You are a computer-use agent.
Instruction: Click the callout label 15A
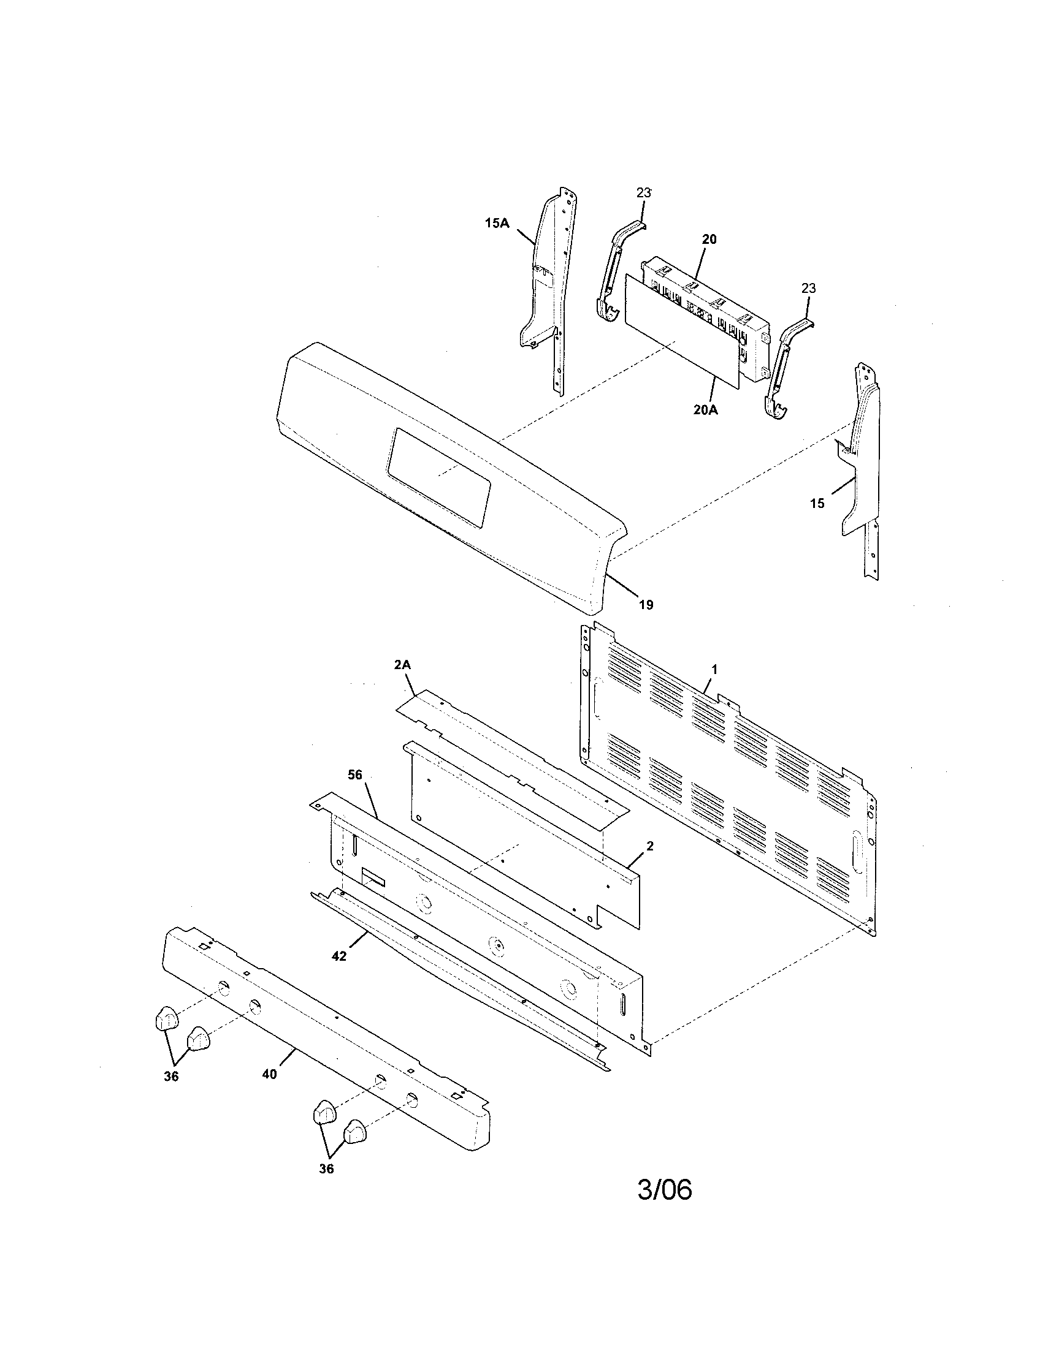[x=497, y=224]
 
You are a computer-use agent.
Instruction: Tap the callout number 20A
[x=705, y=409]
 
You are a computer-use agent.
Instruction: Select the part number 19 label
[x=645, y=605]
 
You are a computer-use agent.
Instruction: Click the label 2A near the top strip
[x=402, y=665]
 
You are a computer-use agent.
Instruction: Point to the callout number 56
[x=354, y=775]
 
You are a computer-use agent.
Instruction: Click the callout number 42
[x=338, y=956]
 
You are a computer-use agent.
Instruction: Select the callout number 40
[x=269, y=1074]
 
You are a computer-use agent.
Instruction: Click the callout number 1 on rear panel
[x=714, y=669]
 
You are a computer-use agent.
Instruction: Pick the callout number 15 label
[x=817, y=504]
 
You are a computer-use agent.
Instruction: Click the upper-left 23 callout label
[x=643, y=192]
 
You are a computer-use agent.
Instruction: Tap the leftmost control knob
[x=165, y=1018]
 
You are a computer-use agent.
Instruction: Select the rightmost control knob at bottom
[x=354, y=1131]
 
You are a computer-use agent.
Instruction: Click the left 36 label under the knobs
[x=171, y=1077]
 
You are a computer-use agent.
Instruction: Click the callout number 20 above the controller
[x=709, y=240]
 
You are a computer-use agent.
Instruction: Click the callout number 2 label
[x=649, y=846]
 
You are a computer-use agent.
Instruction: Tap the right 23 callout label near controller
[x=808, y=288]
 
